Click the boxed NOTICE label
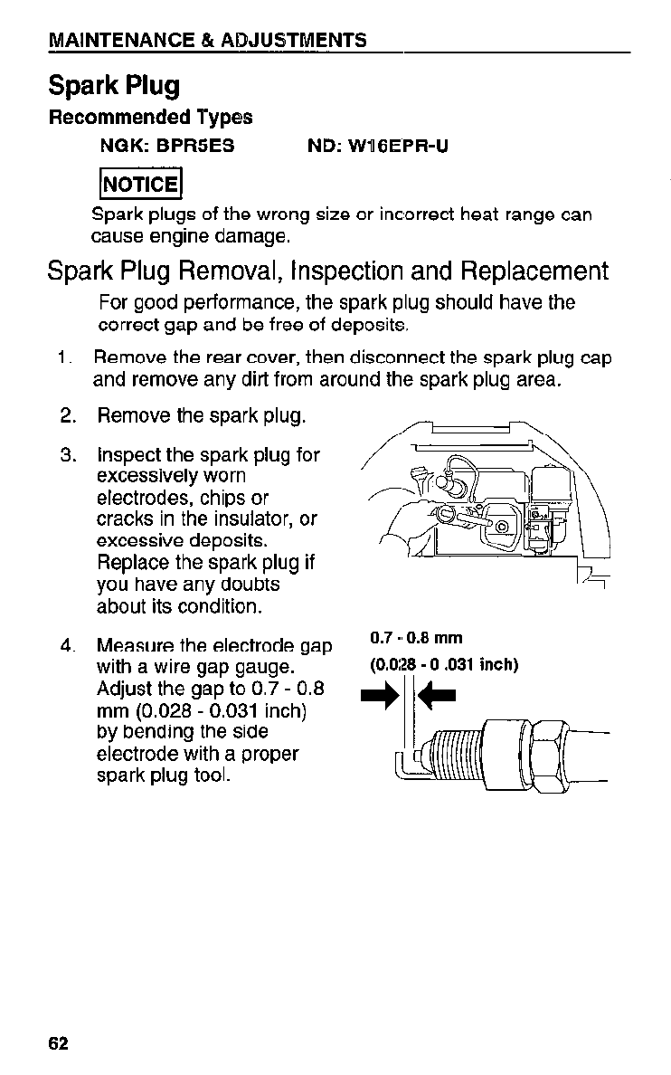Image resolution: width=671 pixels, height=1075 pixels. [x=141, y=185]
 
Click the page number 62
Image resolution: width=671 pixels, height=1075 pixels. [x=59, y=1042]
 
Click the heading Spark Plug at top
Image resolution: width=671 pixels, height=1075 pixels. [x=114, y=86]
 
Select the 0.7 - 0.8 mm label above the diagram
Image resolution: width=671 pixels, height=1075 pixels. [x=417, y=639]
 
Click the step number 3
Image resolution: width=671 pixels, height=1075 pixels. [x=66, y=454]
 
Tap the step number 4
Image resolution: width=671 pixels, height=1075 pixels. [x=66, y=646]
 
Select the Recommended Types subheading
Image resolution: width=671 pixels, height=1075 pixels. [x=150, y=118]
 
